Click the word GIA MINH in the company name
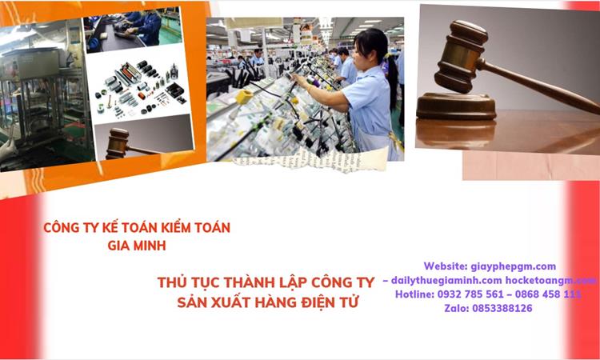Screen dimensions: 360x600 coord(136,246)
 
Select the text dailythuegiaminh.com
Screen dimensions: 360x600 coord(446,281)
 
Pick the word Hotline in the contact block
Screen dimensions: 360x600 coord(413,294)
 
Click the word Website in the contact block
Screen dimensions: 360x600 coord(443,266)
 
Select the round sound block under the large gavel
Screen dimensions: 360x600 coord(455,106)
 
